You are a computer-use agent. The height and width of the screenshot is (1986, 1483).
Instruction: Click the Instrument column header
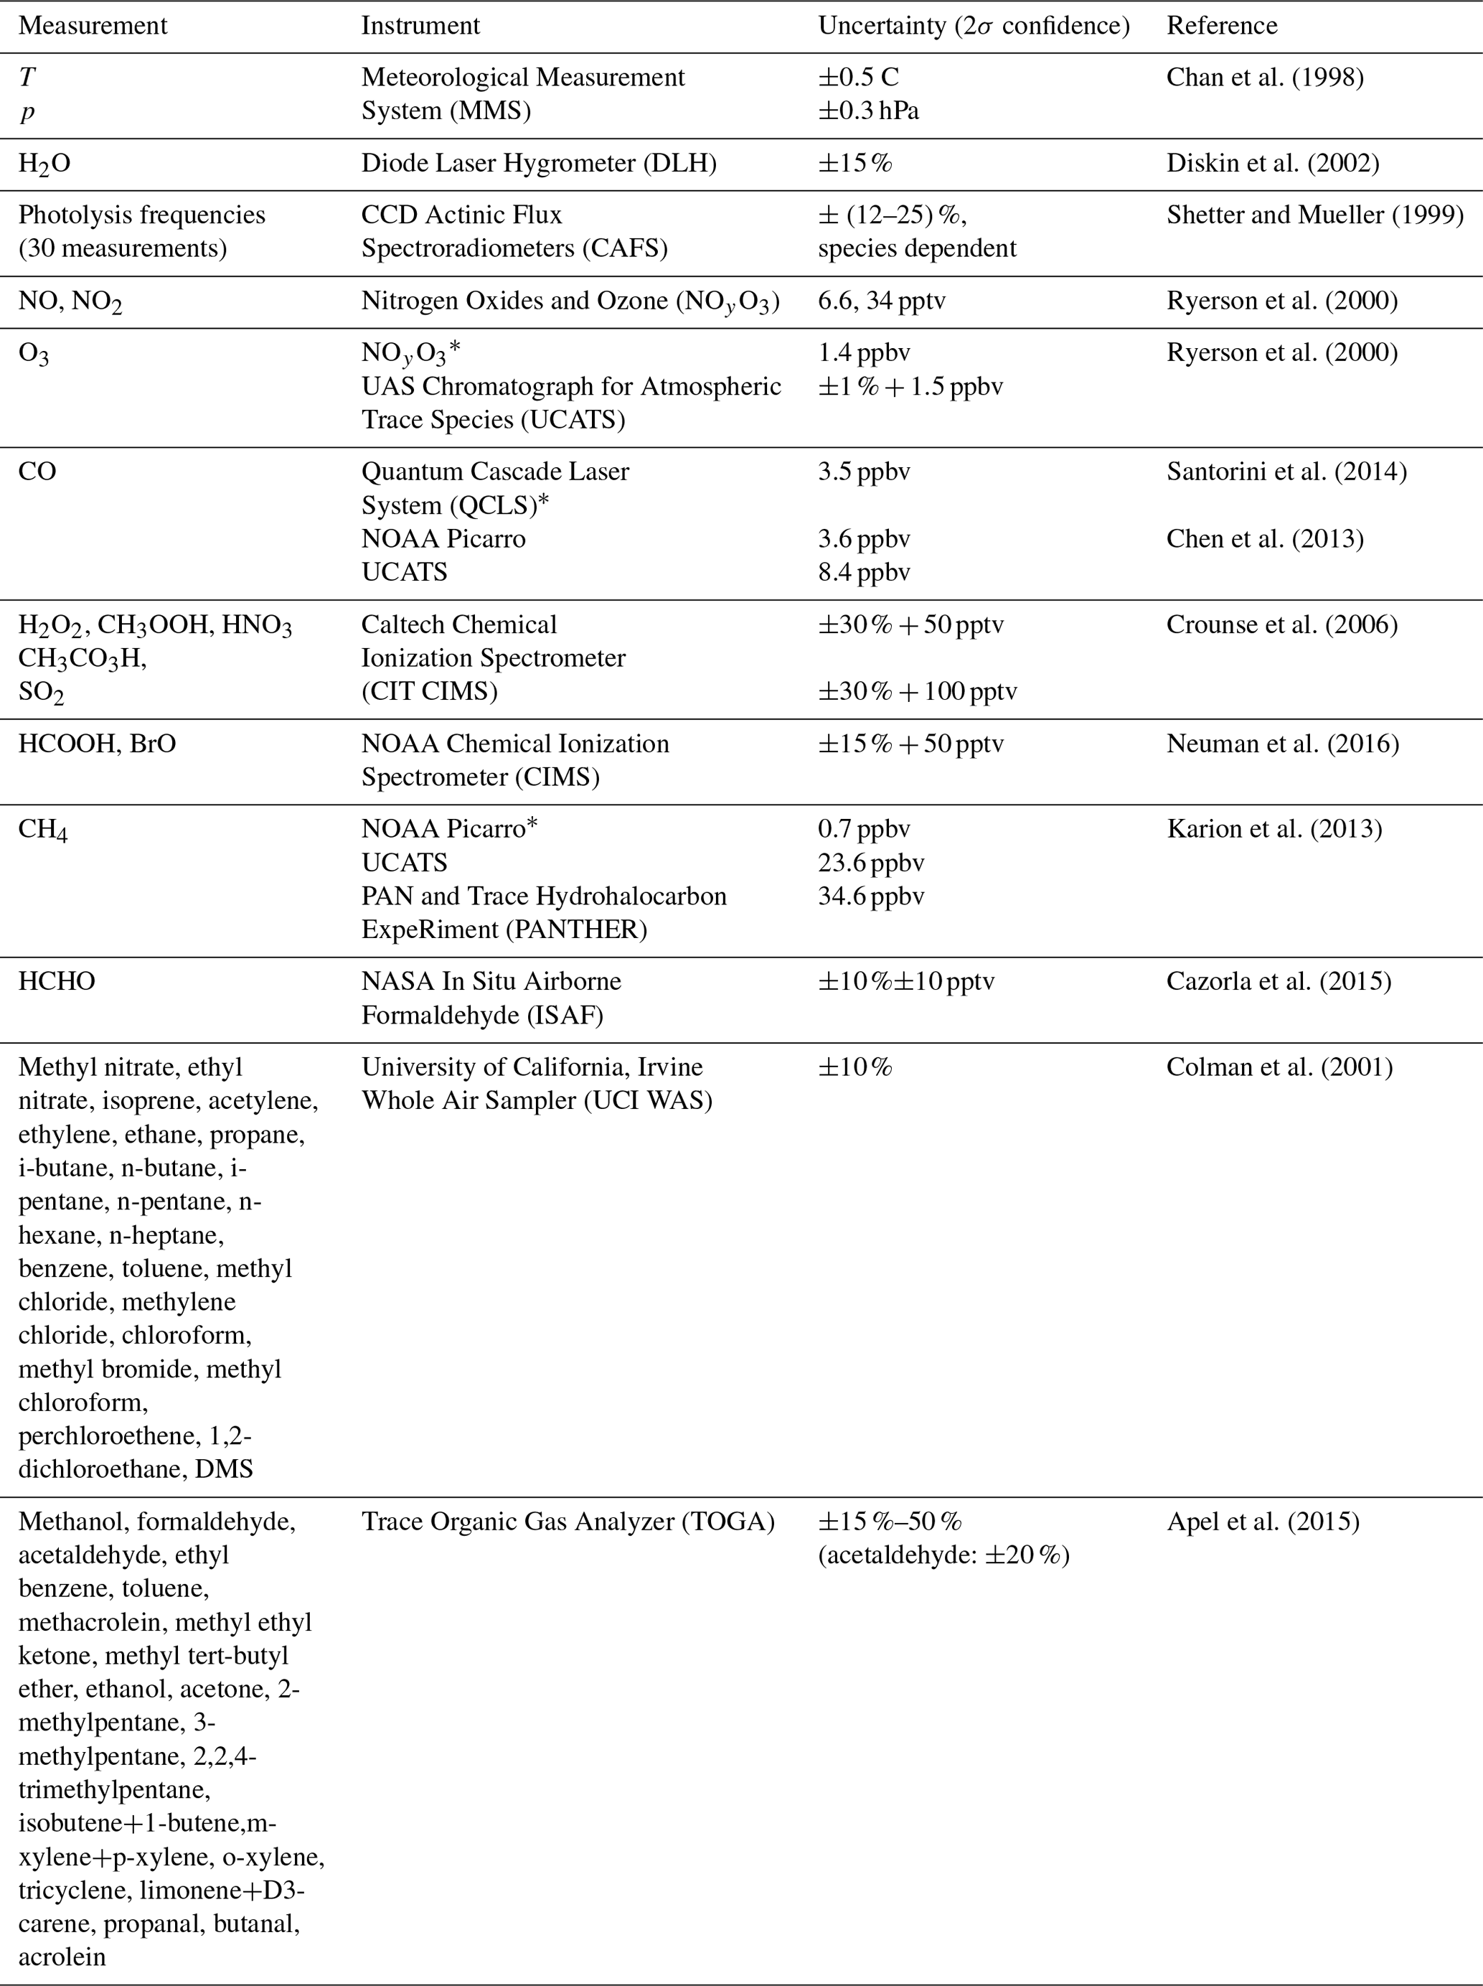pos(420,25)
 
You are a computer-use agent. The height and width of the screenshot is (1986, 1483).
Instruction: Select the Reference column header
pos(1221,25)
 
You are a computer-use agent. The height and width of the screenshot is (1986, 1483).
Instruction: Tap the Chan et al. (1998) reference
pos(1264,78)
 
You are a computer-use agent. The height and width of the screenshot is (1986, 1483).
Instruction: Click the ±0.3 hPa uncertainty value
pos(867,111)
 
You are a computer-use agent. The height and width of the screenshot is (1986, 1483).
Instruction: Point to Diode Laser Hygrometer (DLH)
pos(539,164)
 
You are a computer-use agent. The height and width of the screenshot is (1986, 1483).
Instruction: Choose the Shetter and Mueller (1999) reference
pos(1314,215)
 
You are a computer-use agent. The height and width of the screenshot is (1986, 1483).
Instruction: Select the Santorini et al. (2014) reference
pos(1286,472)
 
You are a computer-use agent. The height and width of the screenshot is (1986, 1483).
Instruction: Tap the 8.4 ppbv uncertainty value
pos(864,572)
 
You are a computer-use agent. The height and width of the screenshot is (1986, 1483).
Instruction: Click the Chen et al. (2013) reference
pos(1264,539)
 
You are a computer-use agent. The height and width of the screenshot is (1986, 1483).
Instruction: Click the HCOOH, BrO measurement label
pos(97,744)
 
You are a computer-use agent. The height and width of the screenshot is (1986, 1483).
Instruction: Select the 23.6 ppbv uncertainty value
pos(870,863)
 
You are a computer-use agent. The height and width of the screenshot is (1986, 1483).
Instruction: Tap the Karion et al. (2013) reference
pos(1274,829)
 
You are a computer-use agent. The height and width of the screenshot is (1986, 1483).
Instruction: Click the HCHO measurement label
pos(57,981)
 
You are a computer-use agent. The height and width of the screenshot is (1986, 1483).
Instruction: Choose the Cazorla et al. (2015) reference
pos(1279,981)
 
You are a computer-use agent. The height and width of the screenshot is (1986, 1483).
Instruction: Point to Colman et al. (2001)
pos(1279,1067)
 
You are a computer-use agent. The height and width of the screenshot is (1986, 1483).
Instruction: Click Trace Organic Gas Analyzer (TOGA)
pos(568,1522)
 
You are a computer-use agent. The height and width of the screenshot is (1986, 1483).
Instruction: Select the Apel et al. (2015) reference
pos(1262,1522)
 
